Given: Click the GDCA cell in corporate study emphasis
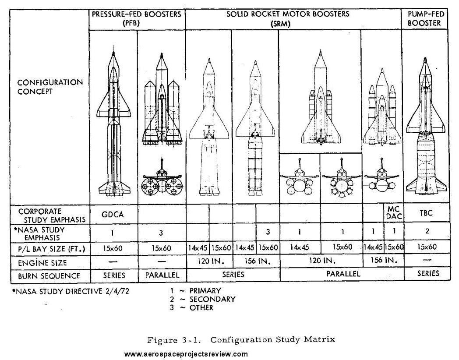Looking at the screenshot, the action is tap(113, 215).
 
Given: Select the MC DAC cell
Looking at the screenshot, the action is tap(394, 213).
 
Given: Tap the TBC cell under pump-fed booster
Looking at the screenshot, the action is tap(426, 213).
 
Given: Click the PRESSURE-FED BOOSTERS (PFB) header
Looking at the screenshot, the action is tap(137, 18).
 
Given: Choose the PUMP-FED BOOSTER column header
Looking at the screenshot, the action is tap(426, 18).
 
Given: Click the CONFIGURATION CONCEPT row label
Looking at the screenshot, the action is tap(50, 87).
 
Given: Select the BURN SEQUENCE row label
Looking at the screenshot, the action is tap(49, 276).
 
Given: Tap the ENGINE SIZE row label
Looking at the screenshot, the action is tap(42, 262).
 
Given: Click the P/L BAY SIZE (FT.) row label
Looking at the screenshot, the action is tap(52, 249).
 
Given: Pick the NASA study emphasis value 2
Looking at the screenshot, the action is tap(427, 231).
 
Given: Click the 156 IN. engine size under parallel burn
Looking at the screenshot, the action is tap(384, 260).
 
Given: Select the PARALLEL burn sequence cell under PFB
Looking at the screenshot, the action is tap(162, 275).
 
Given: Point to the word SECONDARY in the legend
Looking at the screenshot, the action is tap(212, 299).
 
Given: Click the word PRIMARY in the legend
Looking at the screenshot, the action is tap(205, 291).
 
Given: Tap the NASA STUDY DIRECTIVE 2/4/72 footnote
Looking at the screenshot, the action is tap(71, 292).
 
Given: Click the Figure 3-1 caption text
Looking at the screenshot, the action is tap(241, 339).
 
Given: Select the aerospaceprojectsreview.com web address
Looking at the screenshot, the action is tap(186, 354).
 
